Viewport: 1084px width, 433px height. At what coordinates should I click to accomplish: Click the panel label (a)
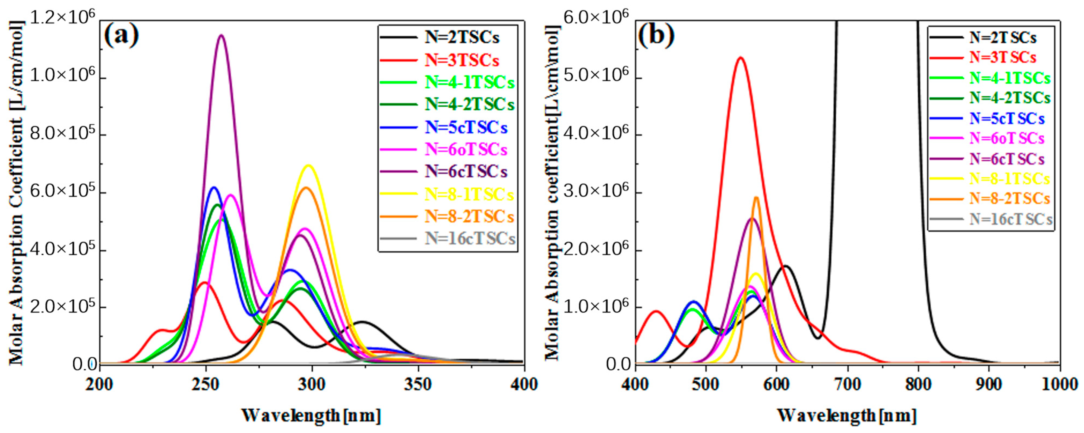121,36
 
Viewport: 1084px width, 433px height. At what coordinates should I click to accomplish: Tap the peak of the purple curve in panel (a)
221,35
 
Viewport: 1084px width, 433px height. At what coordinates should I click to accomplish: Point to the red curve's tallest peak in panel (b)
741,58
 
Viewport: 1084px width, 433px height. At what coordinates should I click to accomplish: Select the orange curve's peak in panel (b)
756,197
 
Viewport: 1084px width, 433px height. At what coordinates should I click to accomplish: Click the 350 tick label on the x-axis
418,384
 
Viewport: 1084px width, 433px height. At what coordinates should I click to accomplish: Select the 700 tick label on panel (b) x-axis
848,384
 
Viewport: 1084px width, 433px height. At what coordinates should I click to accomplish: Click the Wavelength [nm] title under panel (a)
311,415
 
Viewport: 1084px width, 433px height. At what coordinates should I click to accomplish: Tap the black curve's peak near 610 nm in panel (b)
785,266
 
